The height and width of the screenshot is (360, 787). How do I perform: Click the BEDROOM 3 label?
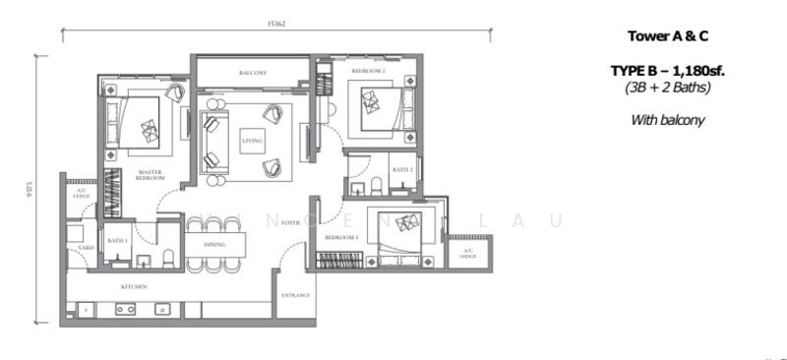(x=341, y=239)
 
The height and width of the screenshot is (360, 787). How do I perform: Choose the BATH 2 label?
(x=401, y=170)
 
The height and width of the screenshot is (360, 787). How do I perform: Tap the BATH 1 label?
(x=118, y=240)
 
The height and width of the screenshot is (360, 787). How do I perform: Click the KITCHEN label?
(x=134, y=286)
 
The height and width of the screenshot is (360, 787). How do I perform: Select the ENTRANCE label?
(x=295, y=295)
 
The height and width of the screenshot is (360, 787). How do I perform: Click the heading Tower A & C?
(x=668, y=36)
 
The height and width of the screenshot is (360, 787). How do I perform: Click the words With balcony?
(x=668, y=120)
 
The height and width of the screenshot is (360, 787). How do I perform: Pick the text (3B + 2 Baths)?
(x=668, y=88)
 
